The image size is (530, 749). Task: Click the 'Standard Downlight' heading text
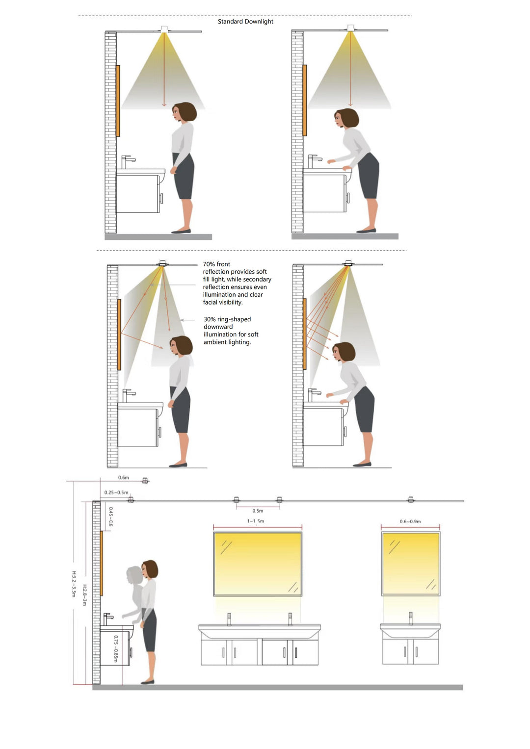pyautogui.click(x=245, y=22)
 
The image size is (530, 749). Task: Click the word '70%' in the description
pyautogui.click(x=210, y=264)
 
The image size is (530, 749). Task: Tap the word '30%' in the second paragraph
pyautogui.click(x=210, y=319)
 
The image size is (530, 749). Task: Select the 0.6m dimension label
pyautogui.click(x=123, y=478)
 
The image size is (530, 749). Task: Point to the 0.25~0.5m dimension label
pyautogui.click(x=116, y=492)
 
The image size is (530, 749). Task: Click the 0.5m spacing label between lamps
pyautogui.click(x=258, y=511)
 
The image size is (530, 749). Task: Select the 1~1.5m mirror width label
pyautogui.click(x=256, y=521)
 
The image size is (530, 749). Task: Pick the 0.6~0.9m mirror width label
pyautogui.click(x=410, y=521)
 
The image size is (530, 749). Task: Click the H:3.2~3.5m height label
pyautogui.click(x=74, y=584)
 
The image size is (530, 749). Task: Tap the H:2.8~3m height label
pyautogui.click(x=84, y=594)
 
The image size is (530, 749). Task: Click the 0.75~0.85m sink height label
pyautogui.click(x=116, y=649)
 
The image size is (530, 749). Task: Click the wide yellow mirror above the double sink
pyautogui.click(x=258, y=564)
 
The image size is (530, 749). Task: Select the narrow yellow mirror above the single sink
pyautogui.click(x=411, y=564)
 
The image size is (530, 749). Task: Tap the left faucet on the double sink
pyautogui.click(x=229, y=619)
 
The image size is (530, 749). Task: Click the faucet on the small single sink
pyautogui.click(x=411, y=618)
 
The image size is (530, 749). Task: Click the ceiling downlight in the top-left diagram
pyautogui.click(x=164, y=29)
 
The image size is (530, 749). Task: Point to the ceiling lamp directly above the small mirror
pyautogui.click(x=411, y=500)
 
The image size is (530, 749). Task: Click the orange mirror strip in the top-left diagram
pyautogui.click(x=118, y=101)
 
